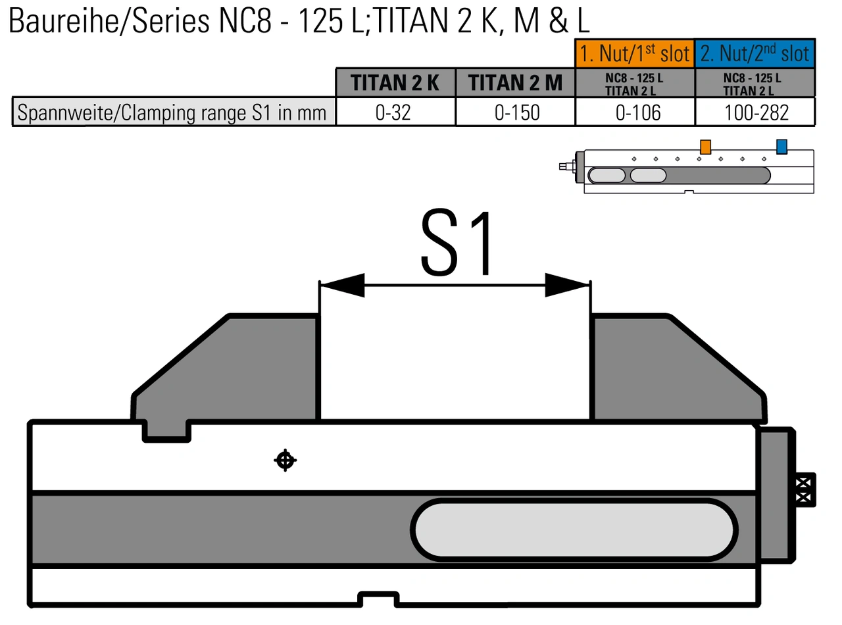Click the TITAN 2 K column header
(x=395, y=82)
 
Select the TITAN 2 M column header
(x=515, y=82)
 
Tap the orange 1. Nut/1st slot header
(x=634, y=53)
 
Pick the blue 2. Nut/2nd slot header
(x=755, y=53)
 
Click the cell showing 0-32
(x=395, y=112)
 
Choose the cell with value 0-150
(x=515, y=112)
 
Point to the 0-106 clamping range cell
(x=634, y=112)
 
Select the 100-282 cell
(x=755, y=112)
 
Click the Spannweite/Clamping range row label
(x=174, y=112)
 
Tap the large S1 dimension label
(x=456, y=243)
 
